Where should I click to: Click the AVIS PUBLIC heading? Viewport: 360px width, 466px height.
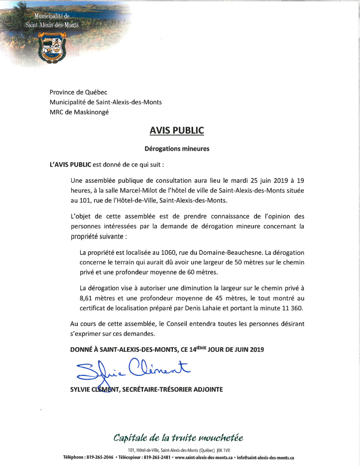(x=176, y=131)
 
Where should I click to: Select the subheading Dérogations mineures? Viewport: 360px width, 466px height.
(x=177, y=148)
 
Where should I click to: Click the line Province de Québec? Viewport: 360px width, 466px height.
(x=78, y=92)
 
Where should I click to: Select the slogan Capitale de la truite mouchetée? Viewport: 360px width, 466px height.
(x=178, y=438)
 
